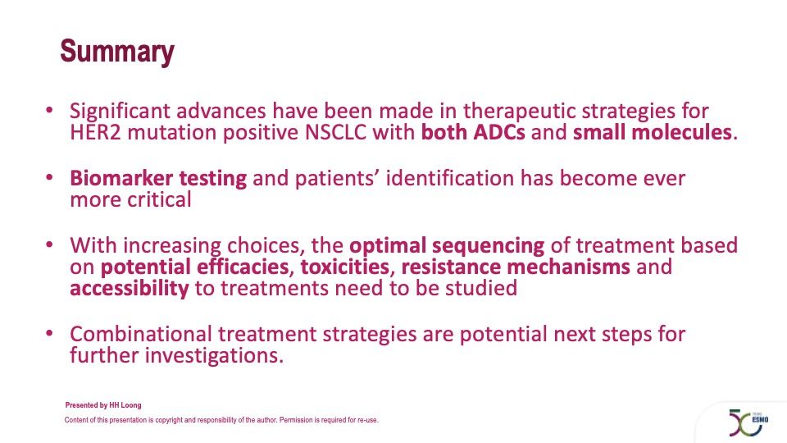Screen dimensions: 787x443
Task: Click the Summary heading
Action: [x=117, y=53]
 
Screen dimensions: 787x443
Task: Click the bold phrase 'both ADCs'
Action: [x=473, y=133]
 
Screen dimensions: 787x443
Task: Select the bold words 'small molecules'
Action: [x=653, y=133]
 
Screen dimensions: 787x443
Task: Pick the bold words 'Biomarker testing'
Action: [x=158, y=179]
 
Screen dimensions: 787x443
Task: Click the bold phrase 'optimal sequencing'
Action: [x=447, y=246]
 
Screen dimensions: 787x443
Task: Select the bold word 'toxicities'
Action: [x=345, y=267]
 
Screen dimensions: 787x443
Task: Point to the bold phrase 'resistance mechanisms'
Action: [x=516, y=267]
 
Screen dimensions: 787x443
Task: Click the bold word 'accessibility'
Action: [x=130, y=289]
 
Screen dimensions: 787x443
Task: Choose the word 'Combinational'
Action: [x=140, y=334]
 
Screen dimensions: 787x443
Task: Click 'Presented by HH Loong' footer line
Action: [x=103, y=404]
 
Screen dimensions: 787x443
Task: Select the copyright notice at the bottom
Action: [x=221, y=420]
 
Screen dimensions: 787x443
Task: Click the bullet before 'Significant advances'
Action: [x=49, y=110]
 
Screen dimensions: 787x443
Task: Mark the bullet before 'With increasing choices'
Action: [x=49, y=244]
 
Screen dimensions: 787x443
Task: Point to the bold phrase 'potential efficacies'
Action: [x=195, y=267]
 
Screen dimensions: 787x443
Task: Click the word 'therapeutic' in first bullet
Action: [x=518, y=112]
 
